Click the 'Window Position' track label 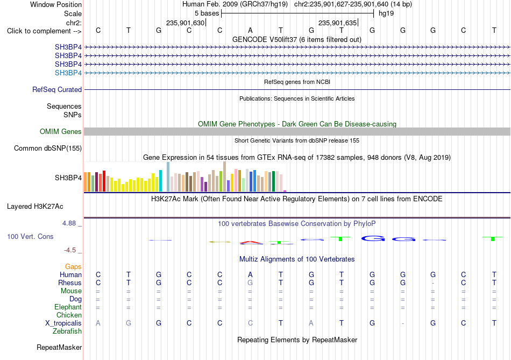pyautogui.click(x=56, y=4)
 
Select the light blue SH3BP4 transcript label pyautogui.click(x=68, y=73)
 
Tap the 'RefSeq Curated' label pyautogui.click(x=57, y=90)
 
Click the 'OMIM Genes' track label pyautogui.click(x=61, y=131)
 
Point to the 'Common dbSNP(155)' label pyautogui.click(x=48, y=149)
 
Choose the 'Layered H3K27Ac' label pyautogui.click(x=35, y=207)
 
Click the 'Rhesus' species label pyautogui.click(x=70, y=283)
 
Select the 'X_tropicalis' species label pyautogui.click(x=63, y=323)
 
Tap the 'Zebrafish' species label pyautogui.click(x=67, y=331)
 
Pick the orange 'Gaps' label pyautogui.click(x=73, y=267)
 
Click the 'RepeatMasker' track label pyautogui.click(x=59, y=347)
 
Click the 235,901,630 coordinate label pyautogui.click(x=185, y=23)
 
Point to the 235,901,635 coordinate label pyautogui.click(x=337, y=23)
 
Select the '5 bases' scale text pyautogui.click(x=207, y=13)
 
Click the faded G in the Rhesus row pyautogui.click(x=250, y=283)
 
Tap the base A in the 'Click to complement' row pyautogui.click(x=250, y=30)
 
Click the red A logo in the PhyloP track pyautogui.click(x=251, y=243)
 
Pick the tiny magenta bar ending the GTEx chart pyautogui.click(x=285, y=191)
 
